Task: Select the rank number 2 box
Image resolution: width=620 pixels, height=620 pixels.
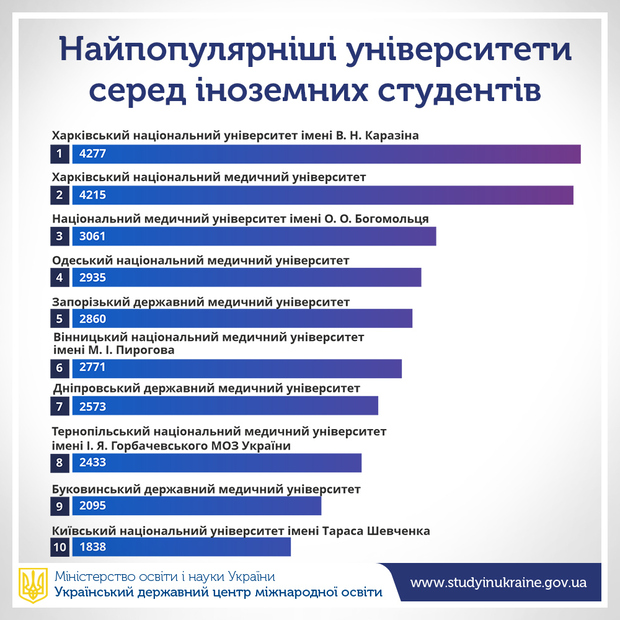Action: [x=60, y=195]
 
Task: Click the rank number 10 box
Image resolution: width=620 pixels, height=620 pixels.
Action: [x=60, y=547]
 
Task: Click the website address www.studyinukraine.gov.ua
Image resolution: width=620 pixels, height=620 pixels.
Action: [x=498, y=582]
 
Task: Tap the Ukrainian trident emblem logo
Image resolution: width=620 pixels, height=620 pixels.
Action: [x=33, y=585]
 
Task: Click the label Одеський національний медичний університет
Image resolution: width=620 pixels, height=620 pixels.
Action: [x=200, y=260]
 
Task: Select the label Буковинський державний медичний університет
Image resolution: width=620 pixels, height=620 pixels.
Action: [x=206, y=489]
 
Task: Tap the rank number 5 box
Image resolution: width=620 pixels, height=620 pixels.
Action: [x=60, y=319]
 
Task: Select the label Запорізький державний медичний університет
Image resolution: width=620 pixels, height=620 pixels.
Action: [x=201, y=301]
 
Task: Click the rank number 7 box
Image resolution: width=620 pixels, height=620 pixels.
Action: [x=60, y=406]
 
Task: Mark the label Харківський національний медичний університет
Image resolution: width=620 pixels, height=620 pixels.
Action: [x=208, y=177]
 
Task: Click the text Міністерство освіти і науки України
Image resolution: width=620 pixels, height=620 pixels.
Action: [x=165, y=576]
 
